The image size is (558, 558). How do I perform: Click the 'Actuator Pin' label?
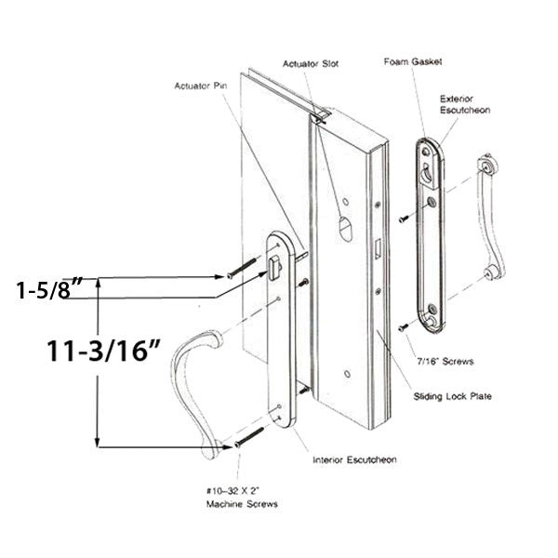pyautogui.click(x=201, y=86)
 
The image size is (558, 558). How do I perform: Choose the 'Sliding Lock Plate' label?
pyautogui.click(x=453, y=397)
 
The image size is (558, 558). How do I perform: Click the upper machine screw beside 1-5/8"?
pyautogui.click(x=240, y=270)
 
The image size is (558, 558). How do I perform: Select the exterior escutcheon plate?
pyautogui.click(x=427, y=232)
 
